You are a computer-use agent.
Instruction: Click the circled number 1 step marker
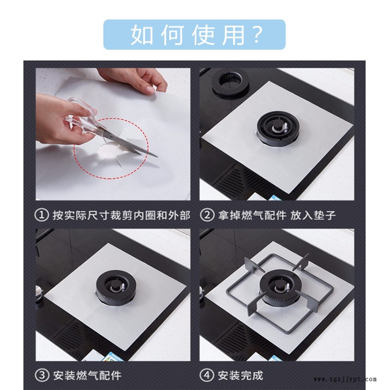click(41, 215)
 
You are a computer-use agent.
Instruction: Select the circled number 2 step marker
click(207, 215)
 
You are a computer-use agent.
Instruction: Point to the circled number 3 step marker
click(41, 375)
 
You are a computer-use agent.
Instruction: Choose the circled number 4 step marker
click(207, 375)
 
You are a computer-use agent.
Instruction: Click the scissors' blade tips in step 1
click(156, 156)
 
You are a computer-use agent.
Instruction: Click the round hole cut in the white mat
click(109, 151)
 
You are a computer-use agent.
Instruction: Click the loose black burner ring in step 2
click(230, 83)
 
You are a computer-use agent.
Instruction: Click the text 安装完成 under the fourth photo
click(240, 375)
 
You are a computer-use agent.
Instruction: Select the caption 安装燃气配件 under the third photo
click(87, 375)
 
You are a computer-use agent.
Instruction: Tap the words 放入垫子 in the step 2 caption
click(313, 215)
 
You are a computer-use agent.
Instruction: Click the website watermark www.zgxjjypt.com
click(345, 380)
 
